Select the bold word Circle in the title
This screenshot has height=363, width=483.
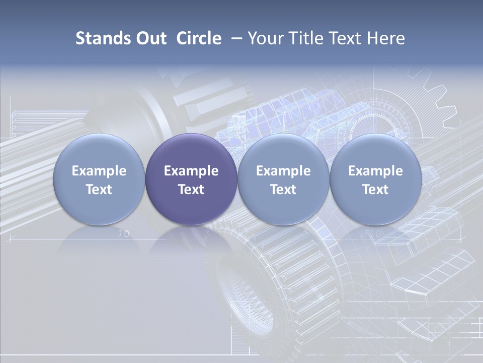(x=199, y=38)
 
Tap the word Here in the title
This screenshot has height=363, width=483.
(x=387, y=38)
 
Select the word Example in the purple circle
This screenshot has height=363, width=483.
(x=191, y=171)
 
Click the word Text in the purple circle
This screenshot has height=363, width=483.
(x=191, y=190)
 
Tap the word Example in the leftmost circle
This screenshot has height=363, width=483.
(x=99, y=171)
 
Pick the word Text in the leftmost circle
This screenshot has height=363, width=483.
(x=99, y=190)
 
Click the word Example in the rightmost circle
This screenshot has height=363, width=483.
(x=375, y=171)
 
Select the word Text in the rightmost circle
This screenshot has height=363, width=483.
(x=375, y=190)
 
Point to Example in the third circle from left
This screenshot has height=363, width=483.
(x=283, y=171)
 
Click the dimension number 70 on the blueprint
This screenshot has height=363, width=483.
(x=123, y=234)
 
